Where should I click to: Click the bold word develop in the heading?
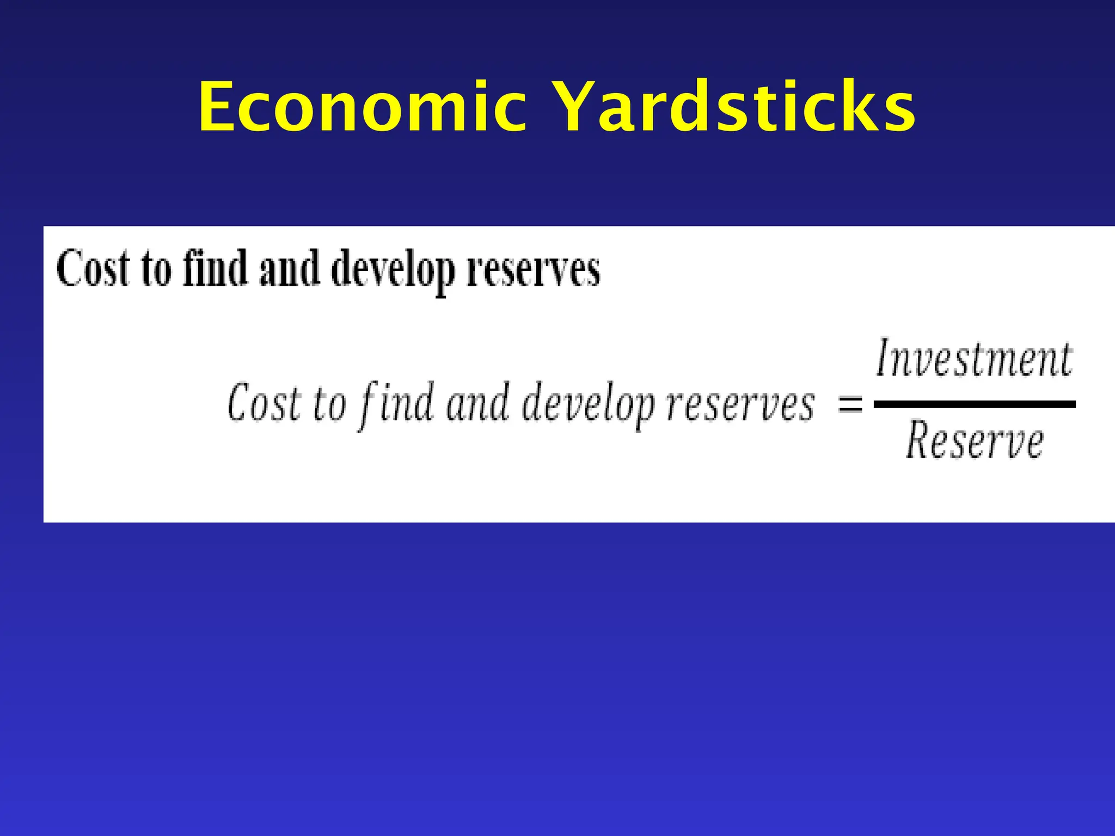(393, 269)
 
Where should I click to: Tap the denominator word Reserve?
(975, 441)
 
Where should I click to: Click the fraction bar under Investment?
(975, 404)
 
